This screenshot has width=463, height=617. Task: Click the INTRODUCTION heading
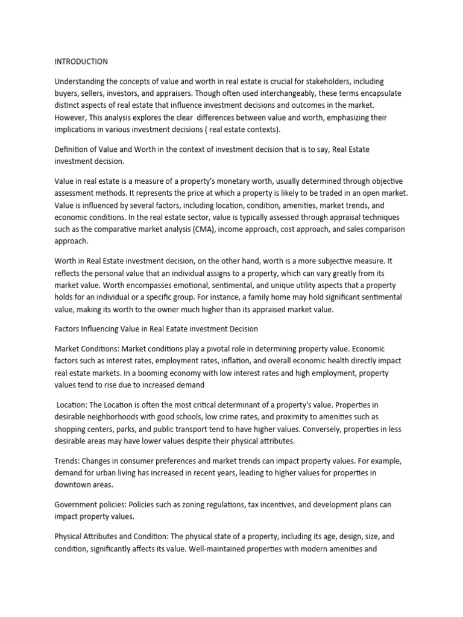click(x=81, y=61)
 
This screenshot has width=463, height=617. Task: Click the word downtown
click(x=75, y=484)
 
